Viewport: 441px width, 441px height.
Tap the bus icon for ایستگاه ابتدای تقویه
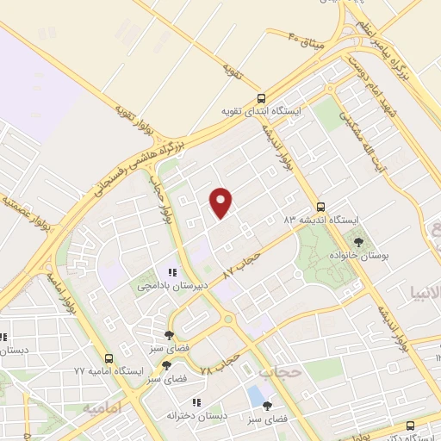click(x=261, y=98)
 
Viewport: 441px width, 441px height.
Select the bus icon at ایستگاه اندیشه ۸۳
click(x=320, y=207)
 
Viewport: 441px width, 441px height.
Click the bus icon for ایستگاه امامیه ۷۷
click(x=109, y=358)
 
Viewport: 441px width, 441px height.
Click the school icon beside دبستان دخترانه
click(x=197, y=402)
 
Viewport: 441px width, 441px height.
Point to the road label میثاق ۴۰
click(x=306, y=38)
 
